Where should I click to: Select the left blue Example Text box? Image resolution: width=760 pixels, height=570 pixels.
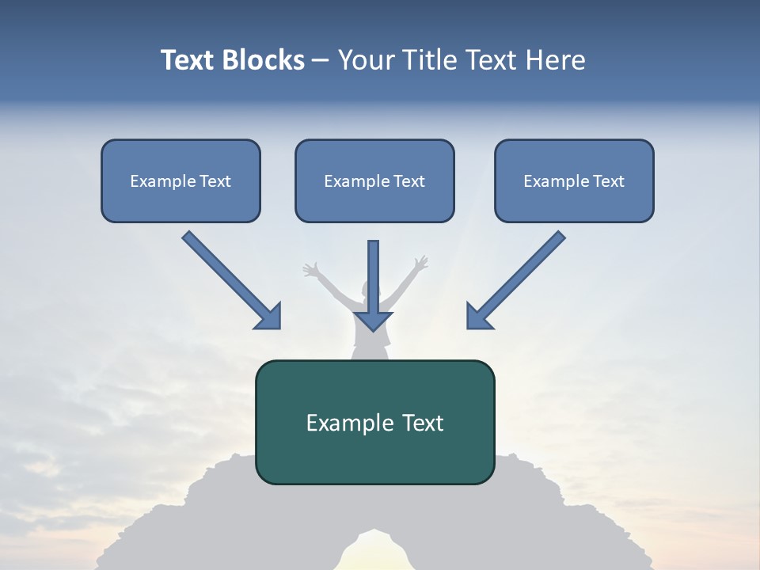180,180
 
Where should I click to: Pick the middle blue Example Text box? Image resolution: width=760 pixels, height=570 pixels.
374,180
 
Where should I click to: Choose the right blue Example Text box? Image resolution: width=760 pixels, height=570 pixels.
574,180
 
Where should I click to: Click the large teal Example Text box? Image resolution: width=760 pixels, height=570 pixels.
374,422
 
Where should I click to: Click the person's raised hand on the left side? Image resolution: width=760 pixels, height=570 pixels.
310,269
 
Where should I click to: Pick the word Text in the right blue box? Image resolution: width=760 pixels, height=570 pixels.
609,180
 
